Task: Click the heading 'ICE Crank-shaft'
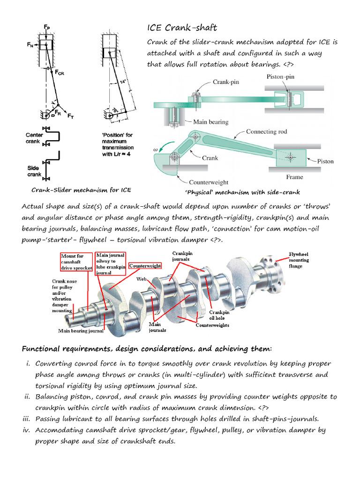[x=182, y=28]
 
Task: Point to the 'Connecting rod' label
[x=266, y=132]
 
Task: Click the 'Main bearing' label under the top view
[x=210, y=122]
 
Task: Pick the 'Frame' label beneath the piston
[x=294, y=177]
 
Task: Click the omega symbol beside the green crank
[x=156, y=150]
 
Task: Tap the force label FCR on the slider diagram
[x=60, y=73]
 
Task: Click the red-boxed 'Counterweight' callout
[x=145, y=266]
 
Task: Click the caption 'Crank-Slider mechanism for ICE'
[x=81, y=190]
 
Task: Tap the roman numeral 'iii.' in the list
[x=28, y=419]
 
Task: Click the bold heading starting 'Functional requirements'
[x=146, y=349]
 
